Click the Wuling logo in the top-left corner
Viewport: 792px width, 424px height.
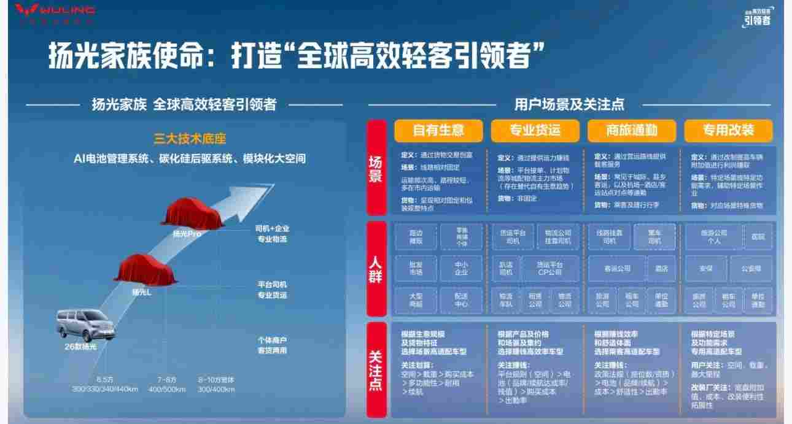coord(54,10)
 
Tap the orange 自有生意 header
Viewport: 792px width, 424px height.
coord(438,130)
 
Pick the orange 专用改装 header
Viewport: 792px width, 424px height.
coord(729,130)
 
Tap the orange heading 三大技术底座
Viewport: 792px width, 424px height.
coord(185,139)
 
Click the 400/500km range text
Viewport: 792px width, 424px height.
coord(166,389)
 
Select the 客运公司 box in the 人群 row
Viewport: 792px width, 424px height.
coord(617,269)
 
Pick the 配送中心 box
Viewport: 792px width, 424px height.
coord(462,299)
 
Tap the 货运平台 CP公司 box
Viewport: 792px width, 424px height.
coord(549,268)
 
